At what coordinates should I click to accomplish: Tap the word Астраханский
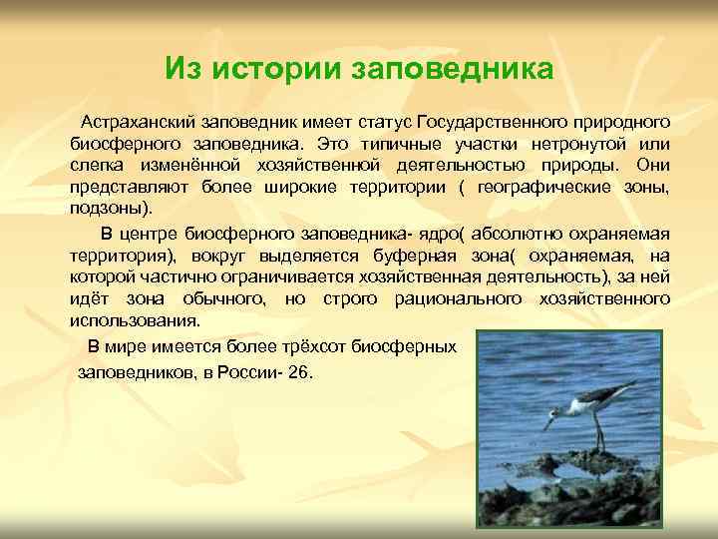click(x=141, y=122)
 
